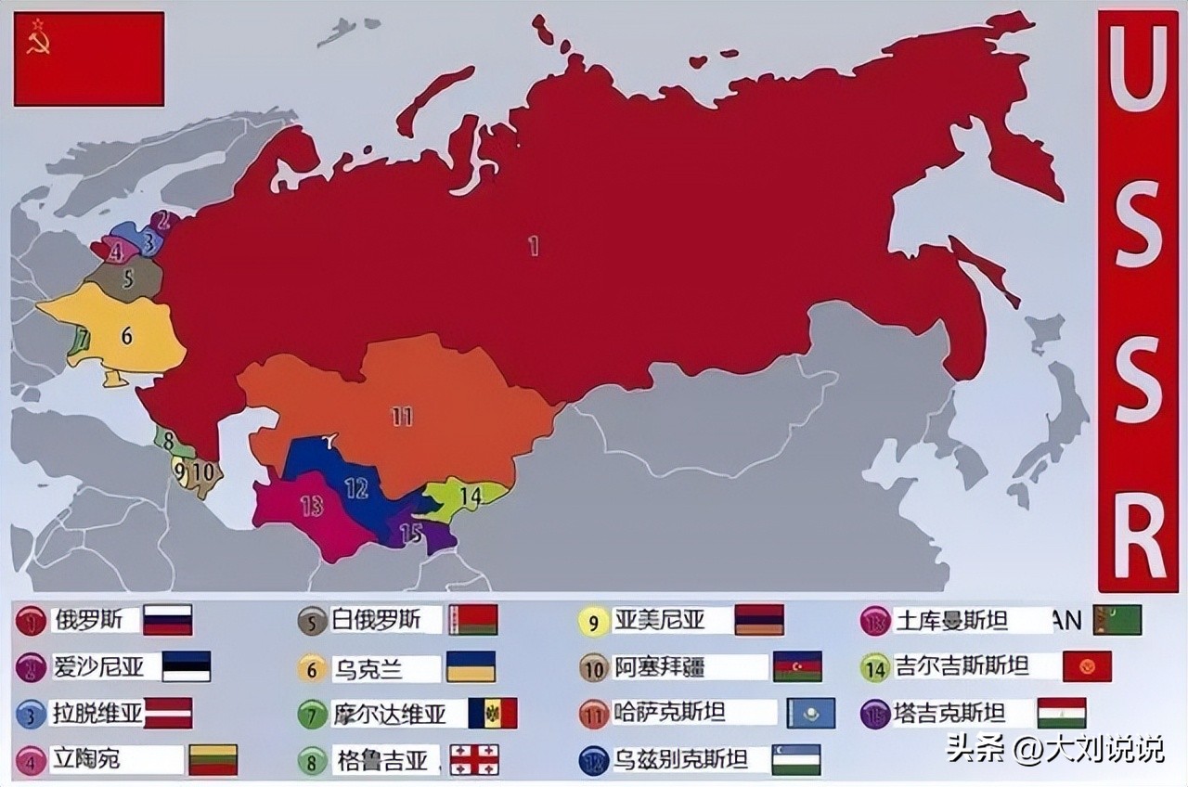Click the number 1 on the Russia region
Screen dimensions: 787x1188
pyautogui.click(x=533, y=247)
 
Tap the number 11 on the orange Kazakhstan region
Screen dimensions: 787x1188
pyautogui.click(x=402, y=417)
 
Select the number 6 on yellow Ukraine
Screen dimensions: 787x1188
pyautogui.click(x=127, y=336)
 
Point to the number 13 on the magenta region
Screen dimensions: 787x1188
pyautogui.click(x=311, y=506)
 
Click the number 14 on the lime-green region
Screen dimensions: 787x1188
pyautogui.click(x=471, y=497)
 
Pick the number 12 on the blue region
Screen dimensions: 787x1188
pyautogui.click(x=355, y=487)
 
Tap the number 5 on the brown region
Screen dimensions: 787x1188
pyautogui.click(x=128, y=276)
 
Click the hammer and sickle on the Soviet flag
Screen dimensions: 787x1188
pyautogui.click(x=38, y=38)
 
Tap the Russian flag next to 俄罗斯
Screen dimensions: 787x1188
pyautogui.click(x=168, y=620)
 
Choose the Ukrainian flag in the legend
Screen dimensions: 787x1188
pyautogui.click(x=471, y=666)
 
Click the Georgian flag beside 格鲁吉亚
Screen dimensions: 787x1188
pyautogui.click(x=473, y=760)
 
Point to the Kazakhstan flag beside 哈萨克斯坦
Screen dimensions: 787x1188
pyautogui.click(x=811, y=713)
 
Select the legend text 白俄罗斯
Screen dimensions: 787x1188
pyautogui.click(x=376, y=620)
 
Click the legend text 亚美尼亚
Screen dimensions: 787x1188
pyautogui.click(x=659, y=620)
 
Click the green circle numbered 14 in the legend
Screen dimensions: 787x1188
pyautogui.click(x=875, y=667)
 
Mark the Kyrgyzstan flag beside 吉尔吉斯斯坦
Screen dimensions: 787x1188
pyautogui.click(x=1087, y=666)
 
